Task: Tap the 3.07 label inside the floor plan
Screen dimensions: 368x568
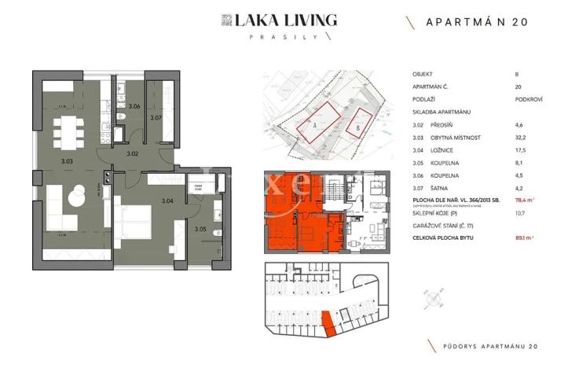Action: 156,118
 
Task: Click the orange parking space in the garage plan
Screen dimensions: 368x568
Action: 329,324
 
